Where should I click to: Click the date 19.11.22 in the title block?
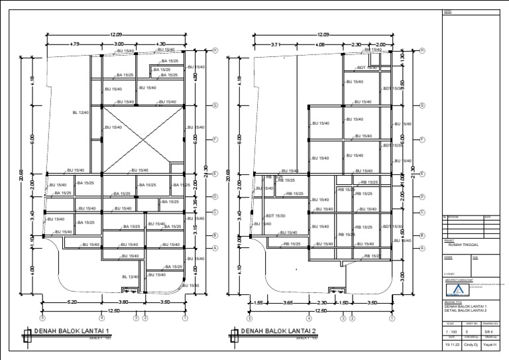point(453,345)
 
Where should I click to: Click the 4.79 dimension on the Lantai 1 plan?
point(74,44)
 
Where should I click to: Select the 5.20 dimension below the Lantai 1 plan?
point(72,302)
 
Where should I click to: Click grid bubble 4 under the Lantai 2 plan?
point(310,318)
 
